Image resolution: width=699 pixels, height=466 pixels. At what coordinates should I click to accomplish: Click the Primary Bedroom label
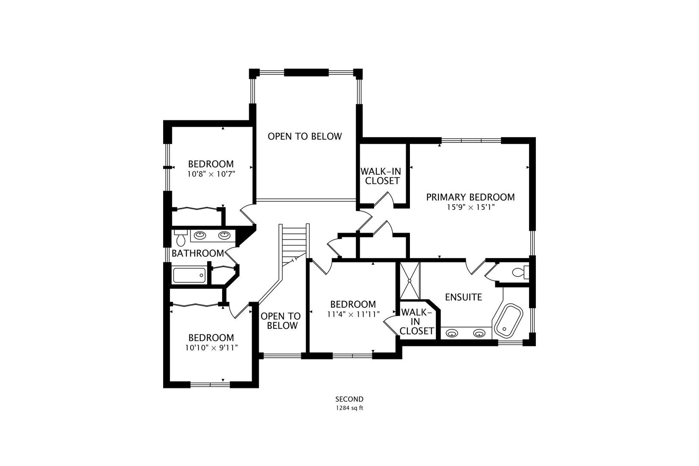[470, 197]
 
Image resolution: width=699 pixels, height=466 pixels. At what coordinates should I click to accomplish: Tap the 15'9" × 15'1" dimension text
[471, 207]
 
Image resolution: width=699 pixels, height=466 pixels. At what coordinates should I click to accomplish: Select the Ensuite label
[463, 297]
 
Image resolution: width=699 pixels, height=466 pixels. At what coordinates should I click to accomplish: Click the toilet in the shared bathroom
[181, 238]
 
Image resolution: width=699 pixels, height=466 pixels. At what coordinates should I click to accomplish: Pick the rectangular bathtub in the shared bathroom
[189, 275]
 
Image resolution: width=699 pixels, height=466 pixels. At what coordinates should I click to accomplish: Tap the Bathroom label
[198, 253]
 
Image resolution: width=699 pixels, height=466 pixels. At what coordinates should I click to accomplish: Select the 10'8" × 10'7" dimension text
[211, 174]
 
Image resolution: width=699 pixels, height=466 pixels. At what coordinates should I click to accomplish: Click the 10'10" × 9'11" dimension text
[211, 347]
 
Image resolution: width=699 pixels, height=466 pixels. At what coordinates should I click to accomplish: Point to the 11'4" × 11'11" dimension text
[353, 314]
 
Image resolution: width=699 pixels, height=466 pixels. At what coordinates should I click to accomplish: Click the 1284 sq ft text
[349, 408]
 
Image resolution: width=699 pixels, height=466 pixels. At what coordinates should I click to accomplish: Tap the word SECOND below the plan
[349, 399]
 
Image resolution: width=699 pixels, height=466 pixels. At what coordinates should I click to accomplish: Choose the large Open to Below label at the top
[305, 136]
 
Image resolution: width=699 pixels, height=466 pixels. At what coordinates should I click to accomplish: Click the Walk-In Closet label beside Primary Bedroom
[381, 176]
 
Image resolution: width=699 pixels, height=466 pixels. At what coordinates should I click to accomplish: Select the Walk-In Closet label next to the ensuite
[416, 321]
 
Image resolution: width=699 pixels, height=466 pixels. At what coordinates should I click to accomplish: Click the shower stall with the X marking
[410, 281]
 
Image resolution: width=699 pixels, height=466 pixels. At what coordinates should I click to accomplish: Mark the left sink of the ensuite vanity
[451, 334]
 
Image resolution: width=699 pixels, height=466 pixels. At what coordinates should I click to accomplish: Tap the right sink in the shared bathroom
[224, 235]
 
